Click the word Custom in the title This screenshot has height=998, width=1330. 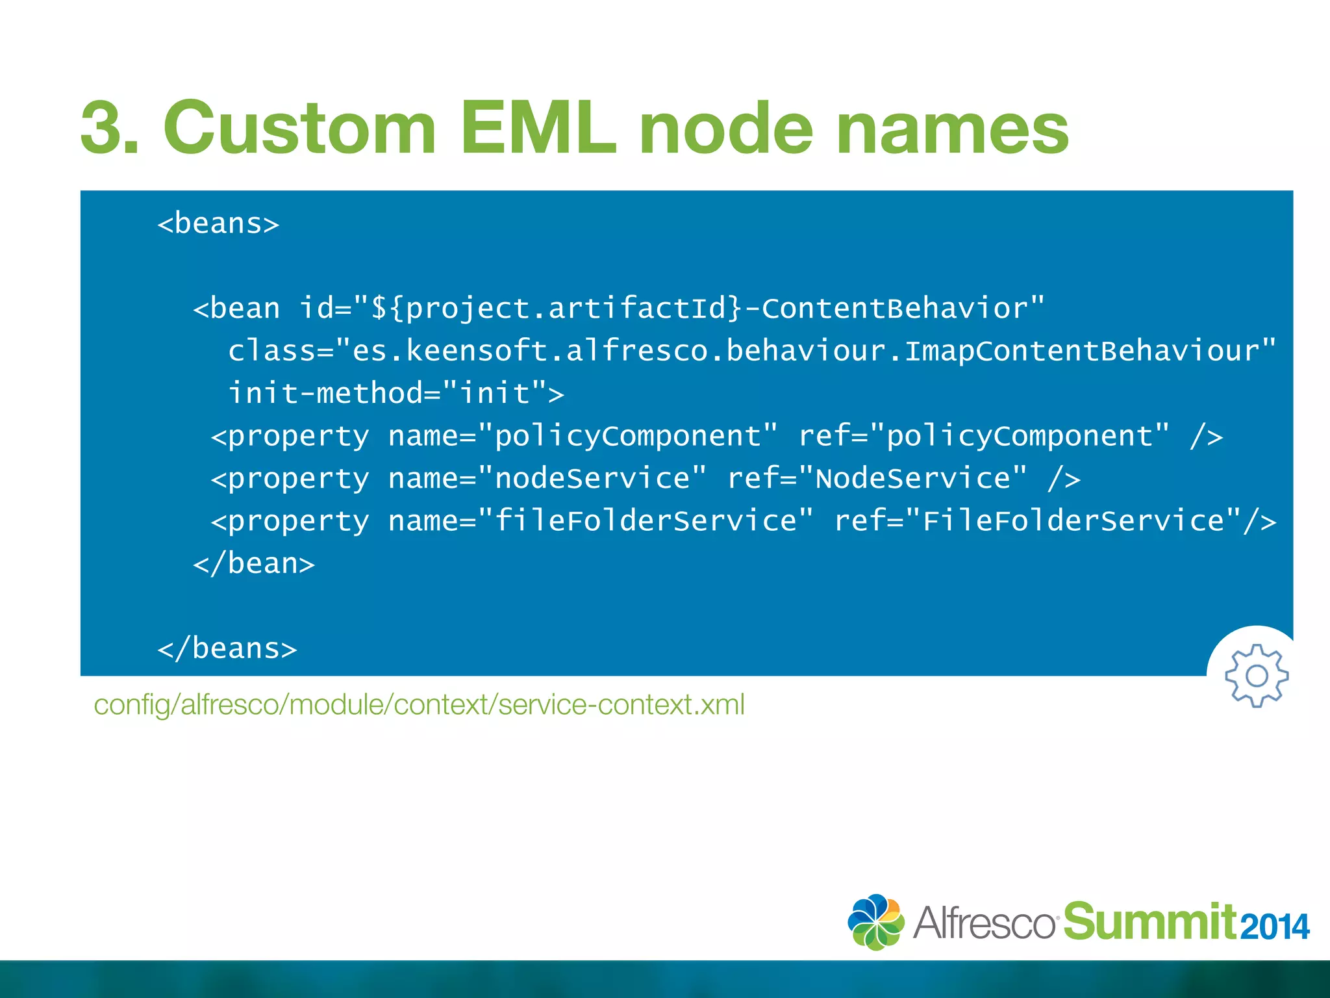pos(299,128)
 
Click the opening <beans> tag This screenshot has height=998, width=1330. pos(218,224)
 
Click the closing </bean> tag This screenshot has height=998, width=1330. pos(254,564)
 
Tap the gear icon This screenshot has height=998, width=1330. pos(1257,676)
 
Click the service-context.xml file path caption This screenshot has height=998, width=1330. pos(420,705)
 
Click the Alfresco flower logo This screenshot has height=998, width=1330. pos(875,922)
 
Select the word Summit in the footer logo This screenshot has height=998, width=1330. pos(1150,922)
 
